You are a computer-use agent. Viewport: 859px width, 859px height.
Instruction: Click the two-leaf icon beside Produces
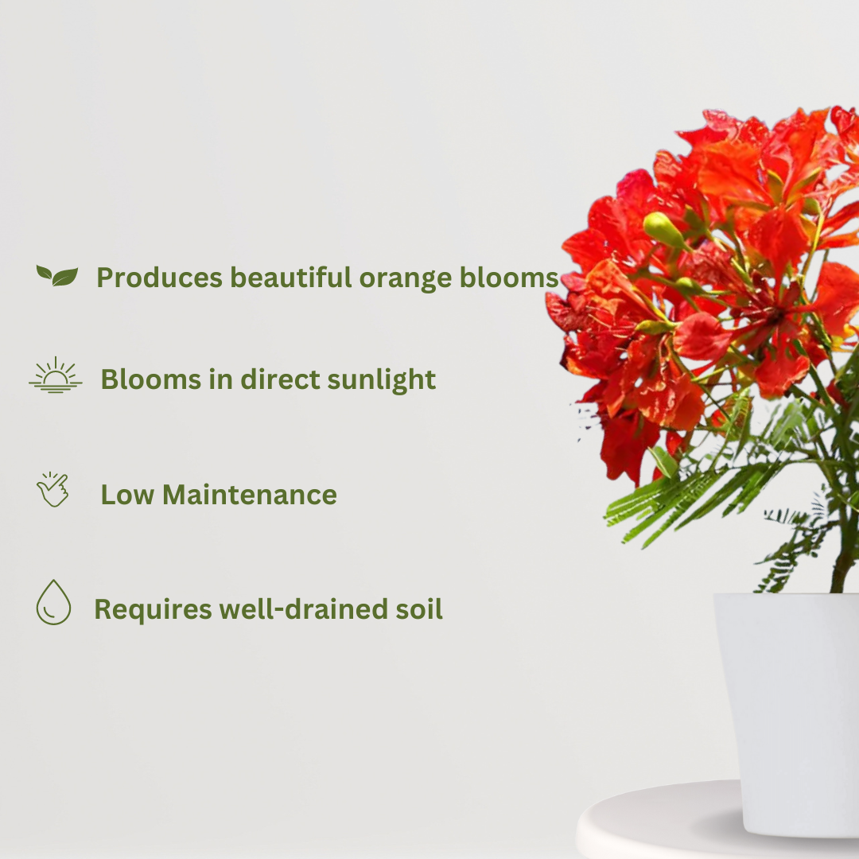click(57, 276)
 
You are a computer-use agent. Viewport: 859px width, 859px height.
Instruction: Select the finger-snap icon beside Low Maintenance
click(52, 490)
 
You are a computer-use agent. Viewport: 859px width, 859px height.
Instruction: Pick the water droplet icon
click(53, 602)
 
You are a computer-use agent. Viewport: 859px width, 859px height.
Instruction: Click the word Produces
click(160, 278)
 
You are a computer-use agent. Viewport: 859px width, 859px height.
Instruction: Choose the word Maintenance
click(250, 495)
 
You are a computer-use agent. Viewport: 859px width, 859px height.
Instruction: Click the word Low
click(127, 495)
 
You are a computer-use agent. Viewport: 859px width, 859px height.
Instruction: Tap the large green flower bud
click(663, 230)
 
